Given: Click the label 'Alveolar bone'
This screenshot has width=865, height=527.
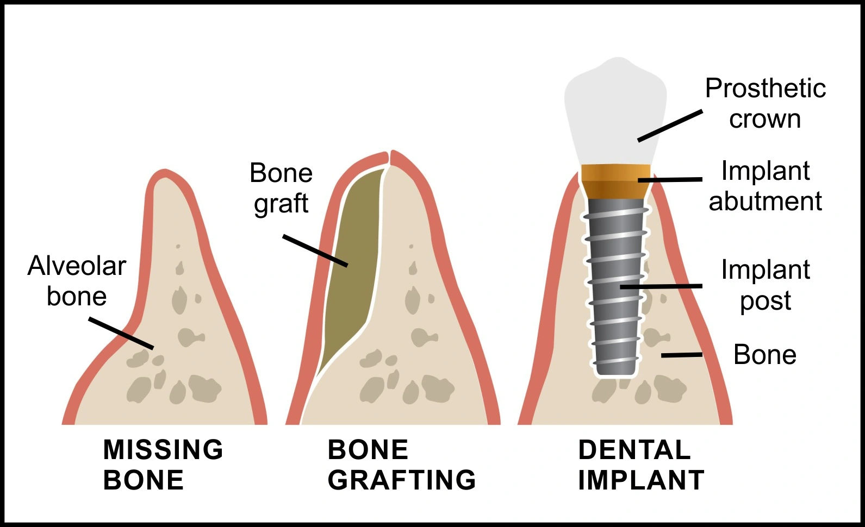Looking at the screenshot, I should [77, 281].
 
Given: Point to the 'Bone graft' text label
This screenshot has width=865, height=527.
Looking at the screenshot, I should [281, 188].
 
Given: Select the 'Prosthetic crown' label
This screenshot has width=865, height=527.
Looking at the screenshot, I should [765, 103].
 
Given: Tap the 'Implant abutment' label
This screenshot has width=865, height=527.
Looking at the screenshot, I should [765, 186].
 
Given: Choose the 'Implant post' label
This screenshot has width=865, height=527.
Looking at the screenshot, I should [765, 285].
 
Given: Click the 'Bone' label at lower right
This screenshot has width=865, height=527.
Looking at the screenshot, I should [764, 355].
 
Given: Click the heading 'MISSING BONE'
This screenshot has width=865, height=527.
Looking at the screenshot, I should [163, 465].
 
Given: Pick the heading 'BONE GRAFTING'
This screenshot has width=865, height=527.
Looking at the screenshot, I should [401, 465].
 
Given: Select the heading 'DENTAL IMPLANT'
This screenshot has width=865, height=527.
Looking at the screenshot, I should [640, 465].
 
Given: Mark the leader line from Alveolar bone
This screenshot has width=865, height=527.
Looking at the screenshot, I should [121, 333].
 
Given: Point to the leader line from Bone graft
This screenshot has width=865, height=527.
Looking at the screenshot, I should [315, 250].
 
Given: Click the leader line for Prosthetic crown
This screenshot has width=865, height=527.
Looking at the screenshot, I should [670, 126].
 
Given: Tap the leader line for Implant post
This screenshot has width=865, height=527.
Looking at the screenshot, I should [661, 286].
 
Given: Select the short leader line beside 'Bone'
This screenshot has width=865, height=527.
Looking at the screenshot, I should [681, 355].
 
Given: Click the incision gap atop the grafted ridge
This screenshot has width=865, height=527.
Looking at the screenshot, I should [389, 158].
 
